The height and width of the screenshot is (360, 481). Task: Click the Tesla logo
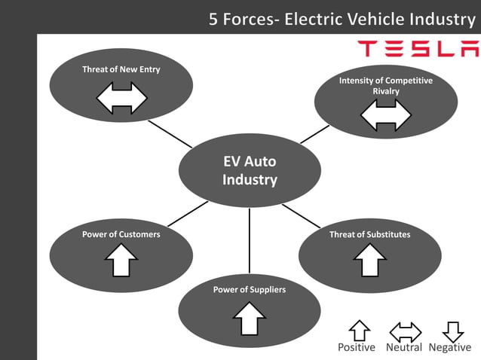point(417,50)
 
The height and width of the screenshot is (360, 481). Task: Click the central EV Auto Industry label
point(250,171)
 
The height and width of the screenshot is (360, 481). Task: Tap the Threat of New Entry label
point(121,70)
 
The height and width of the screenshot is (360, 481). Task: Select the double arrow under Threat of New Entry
point(121,98)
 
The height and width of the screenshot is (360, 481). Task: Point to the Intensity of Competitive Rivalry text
point(385,86)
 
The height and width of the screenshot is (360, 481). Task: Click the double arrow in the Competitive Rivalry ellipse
point(385,115)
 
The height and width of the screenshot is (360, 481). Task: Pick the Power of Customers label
point(121,234)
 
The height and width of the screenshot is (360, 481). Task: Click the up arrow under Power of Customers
point(121,262)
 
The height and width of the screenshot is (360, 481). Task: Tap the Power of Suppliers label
point(249,289)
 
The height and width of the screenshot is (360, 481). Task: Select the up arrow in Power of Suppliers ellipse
point(249,319)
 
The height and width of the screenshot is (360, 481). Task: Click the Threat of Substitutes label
point(369,234)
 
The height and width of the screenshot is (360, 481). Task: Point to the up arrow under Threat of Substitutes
point(369,262)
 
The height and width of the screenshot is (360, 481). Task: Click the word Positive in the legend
point(356,347)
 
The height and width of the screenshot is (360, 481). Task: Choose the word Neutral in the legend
point(403,347)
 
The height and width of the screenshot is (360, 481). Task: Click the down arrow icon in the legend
point(452,331)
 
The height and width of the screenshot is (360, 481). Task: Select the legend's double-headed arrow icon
point(405,331)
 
